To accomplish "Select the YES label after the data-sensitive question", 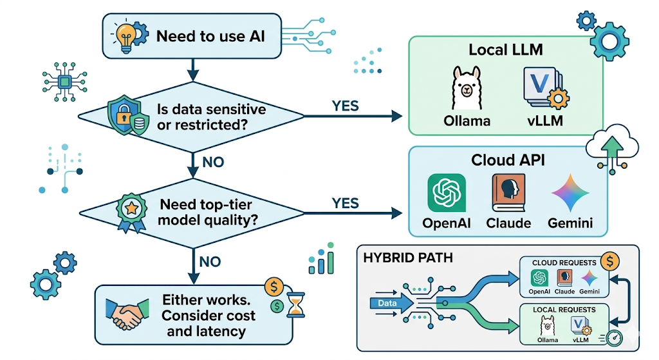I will pos(345,105).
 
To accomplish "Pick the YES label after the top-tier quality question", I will pos(345,204).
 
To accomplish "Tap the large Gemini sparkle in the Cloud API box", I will pos(571,192).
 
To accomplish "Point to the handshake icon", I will pos(128,314).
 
